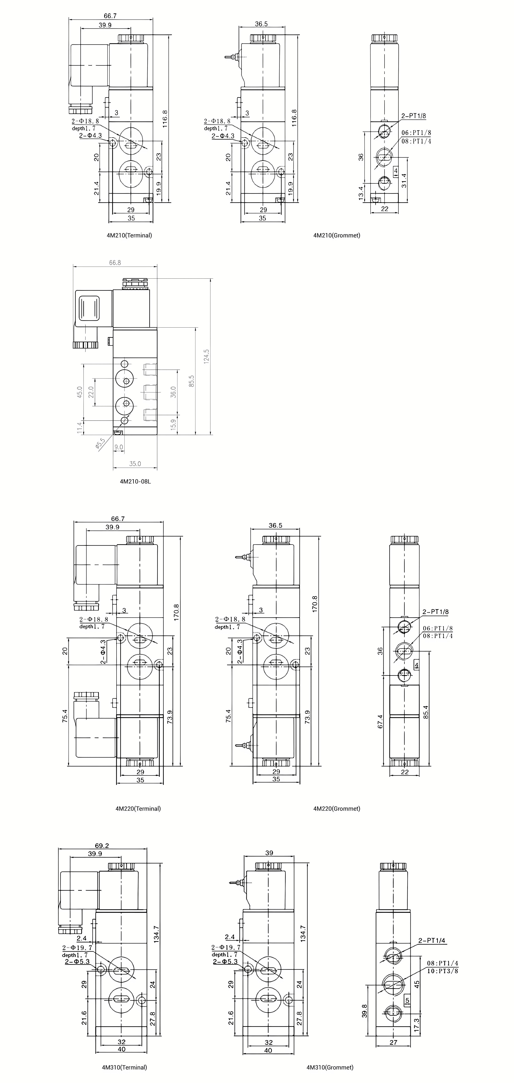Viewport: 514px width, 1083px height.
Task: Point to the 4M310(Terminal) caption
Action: coord(124,1067)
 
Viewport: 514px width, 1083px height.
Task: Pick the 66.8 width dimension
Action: coord(115,263)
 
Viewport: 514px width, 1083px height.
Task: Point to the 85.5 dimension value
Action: coord(192,381)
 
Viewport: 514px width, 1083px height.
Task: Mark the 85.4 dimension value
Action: coord(426,712)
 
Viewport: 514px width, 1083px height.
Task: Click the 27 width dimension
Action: coord(393,1042)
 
